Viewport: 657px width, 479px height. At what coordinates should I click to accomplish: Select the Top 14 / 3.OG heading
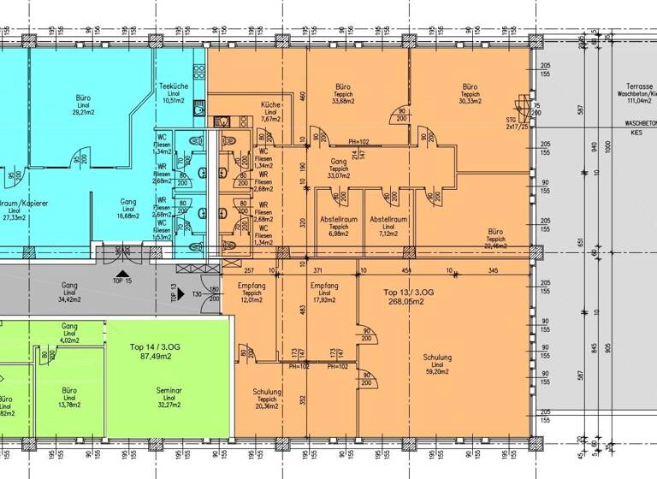(155, 346)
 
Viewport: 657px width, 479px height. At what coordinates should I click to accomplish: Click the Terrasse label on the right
(639, 87)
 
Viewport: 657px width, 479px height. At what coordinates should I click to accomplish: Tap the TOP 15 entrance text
(121, 281)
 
